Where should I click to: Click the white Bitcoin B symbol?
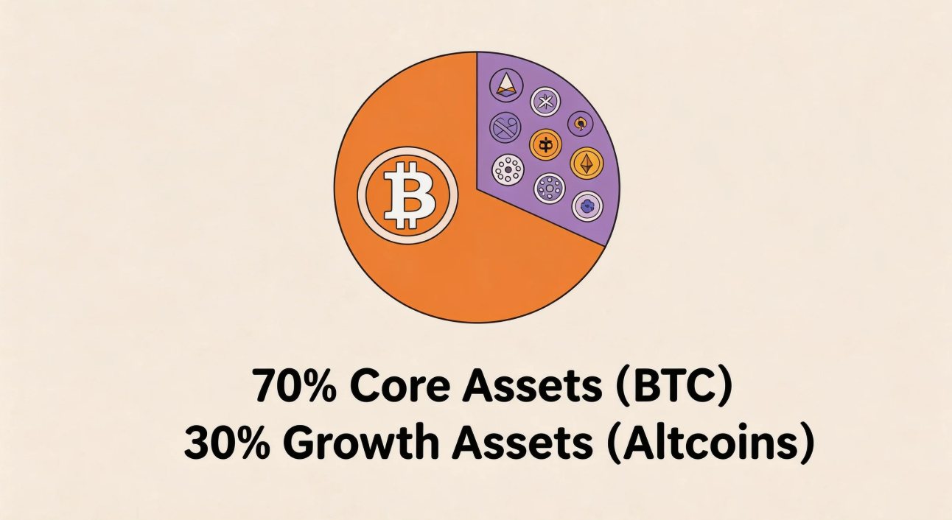click(x=410, y=195)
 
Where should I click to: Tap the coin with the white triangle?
click(x=506, y=85)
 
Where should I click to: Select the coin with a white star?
click(x=545, y=102)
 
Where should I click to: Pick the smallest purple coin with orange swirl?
click(x=580, y=124)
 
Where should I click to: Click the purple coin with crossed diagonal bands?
click(x=505, y=127)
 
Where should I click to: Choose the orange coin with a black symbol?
click(x=545, y=145)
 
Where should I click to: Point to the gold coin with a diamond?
click(x=587, y=164)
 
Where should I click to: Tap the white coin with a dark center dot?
click(x=508, y=169)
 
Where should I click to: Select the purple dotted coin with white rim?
click(x=550, y=189)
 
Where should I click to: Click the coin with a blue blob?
click(x=587, y=206)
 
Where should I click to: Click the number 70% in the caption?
click(x=295, y=385)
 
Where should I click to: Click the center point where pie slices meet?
click(x=477, y=187)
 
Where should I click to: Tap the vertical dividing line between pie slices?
click(x=477, y=119)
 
